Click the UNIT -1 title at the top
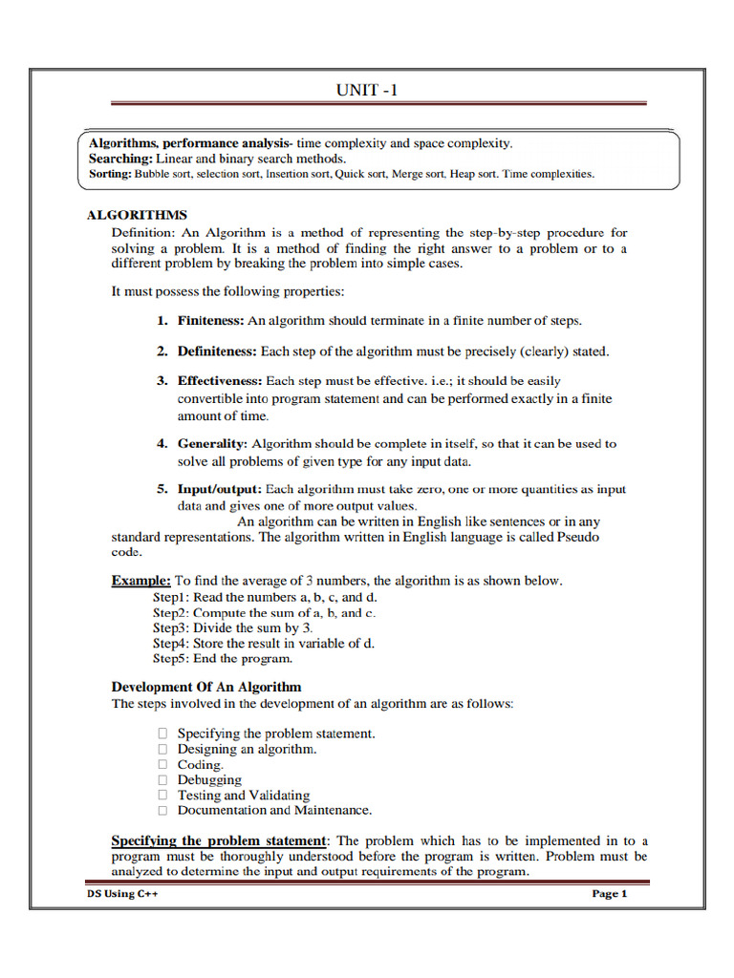(366, 90)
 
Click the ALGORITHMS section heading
(138, 215)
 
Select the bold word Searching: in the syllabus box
(120, 159)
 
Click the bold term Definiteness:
(218, 351)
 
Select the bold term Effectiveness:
(220, 381)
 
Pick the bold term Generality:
(212, 444)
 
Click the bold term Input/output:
(219, 489)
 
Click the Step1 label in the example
(171, 596)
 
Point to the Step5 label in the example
(171, 658)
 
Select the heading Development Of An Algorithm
(206, 687)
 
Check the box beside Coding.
(162, 764)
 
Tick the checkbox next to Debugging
(162, 779)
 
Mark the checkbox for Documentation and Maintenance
(162, 810)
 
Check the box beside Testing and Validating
(162, 795)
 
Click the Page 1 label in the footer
(609, 894)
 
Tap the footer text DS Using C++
(118, 894)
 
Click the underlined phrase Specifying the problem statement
(219, 840)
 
